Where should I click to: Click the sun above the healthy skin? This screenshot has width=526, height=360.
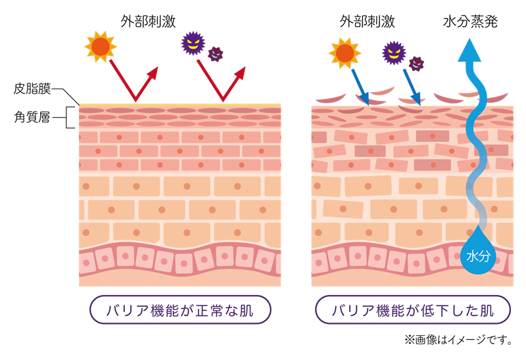click(x=101, y=47)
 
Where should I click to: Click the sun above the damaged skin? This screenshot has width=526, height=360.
click(x=345, y=53)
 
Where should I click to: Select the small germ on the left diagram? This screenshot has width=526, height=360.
click(x=216, y=54)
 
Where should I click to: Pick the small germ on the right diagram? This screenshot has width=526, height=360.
click(x=416, y=63)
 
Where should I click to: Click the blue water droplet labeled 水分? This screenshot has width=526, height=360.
click(x=477, y=253)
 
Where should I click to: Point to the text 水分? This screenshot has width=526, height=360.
click(x=477, y=256)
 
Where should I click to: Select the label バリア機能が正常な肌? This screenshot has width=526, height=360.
click(x=179, y=309)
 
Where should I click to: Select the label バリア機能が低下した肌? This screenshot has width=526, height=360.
click(x=413, y=309)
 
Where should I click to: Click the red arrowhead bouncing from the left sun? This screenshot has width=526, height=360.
click(x=153, y=72)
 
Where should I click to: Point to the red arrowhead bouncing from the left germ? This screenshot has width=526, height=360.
click(x=240, y=72)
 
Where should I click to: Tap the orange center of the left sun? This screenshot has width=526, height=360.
click(x=101, y=47)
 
